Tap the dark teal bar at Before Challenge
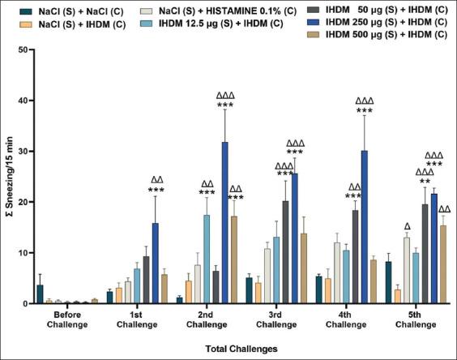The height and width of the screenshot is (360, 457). [x=40, y=294]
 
